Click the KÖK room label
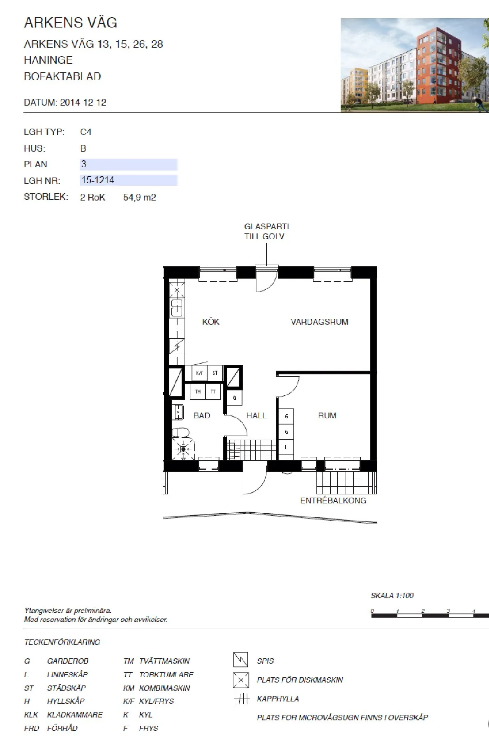click(210, 322)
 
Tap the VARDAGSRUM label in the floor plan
click(319, 322)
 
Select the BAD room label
click(202, 415)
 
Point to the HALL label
click(256, 415)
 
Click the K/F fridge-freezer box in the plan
click(199, 373)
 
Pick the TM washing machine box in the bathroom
click(198, 392)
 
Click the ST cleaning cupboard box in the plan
click(215, 373)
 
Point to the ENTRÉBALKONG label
click(333, 501)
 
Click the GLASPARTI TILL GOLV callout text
click(266, 231)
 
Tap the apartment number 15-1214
click(98, 180)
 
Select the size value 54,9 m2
click(139, 197)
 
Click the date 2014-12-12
click(83, 102)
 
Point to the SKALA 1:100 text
click(392, 595)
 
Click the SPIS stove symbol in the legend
click(241, 660)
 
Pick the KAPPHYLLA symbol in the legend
click(242, 699)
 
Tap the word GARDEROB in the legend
click(68, 661)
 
